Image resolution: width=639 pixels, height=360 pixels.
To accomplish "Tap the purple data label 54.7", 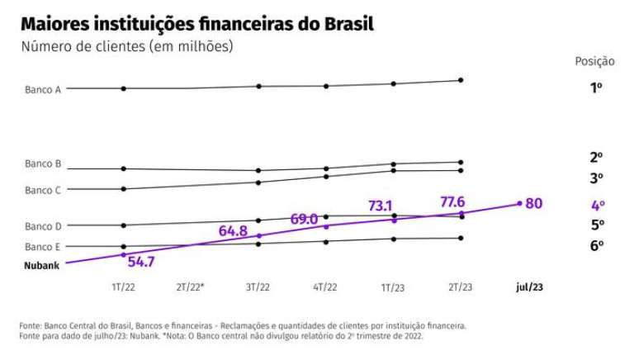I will click(x=141, y=262).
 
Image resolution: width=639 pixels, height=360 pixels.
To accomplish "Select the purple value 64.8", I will click(x=233, y=232).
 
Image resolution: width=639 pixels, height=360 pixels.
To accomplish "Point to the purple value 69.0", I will click(x=304, y=219).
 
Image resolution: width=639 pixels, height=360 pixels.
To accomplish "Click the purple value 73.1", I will click(x=380, y=206).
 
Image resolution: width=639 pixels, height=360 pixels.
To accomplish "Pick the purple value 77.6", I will click(x=452, y=201).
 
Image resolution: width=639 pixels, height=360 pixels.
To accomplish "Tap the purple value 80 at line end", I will click(x=534, y=203).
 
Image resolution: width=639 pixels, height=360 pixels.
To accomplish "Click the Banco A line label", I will click(x=43, y=89).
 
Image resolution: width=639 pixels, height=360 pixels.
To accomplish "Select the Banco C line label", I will click(x=43, y=190).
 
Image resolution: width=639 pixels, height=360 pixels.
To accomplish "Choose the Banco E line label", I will click(x=43, y=247).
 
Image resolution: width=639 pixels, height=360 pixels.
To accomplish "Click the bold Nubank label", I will click(x=42, y=266).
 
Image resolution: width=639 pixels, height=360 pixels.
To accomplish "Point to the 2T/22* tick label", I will click(x=191, y=287).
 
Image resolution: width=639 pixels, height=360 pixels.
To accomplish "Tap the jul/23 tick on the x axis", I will click(x=529, y=287).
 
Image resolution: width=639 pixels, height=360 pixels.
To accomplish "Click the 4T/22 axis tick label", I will click(x=325, y=287).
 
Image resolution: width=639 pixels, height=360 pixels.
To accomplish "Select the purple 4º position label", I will click(x=598, y=206).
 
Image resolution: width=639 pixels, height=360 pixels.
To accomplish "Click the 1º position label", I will click(x=596, y=88).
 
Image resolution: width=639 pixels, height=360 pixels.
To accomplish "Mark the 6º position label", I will click(x=597, y=245).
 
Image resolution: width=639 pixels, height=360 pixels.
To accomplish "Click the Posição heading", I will click(x=594, y=62).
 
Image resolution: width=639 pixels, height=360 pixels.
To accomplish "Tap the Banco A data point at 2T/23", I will click(x=461, y=80).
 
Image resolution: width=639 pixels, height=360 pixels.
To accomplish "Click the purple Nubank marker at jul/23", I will click(x=519, y=203).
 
